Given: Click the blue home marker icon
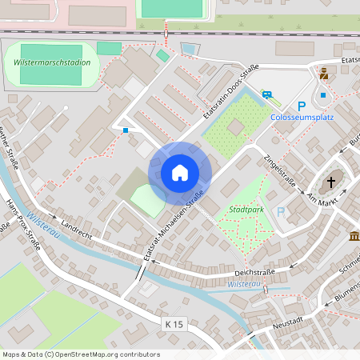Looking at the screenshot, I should pos(180,173).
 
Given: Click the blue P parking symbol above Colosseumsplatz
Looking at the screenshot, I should pos(302,106).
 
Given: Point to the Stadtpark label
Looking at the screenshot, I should pos(245,210).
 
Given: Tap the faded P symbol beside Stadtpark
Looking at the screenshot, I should pos(280,212).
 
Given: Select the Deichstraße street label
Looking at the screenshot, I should pos(254,272).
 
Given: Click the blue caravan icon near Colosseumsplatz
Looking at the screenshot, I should pos(268,94).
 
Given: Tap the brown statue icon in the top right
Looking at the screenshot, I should pos(324,74).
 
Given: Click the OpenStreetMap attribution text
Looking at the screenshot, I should pos(81,354).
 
